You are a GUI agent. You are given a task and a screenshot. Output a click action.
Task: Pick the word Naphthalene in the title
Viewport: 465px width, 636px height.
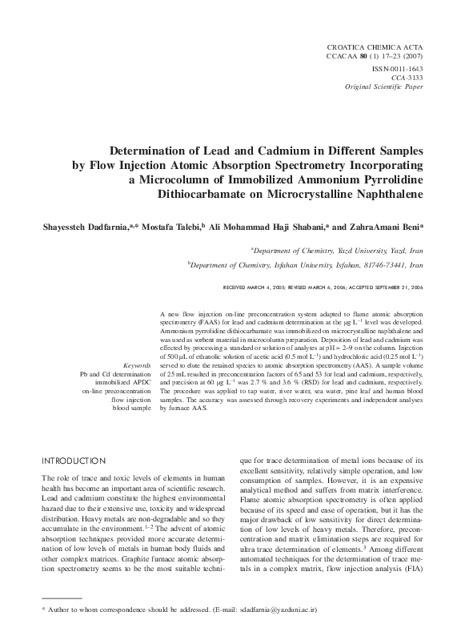379,193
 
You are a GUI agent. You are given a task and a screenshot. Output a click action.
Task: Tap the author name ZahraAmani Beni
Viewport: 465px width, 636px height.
387,227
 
